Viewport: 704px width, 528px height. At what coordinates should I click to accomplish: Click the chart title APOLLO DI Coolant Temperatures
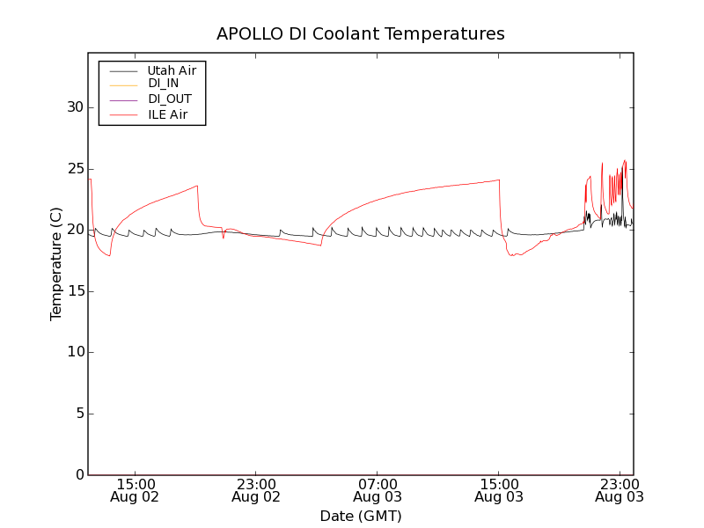[361, 34]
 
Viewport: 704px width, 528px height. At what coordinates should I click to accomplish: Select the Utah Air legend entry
[172, 70]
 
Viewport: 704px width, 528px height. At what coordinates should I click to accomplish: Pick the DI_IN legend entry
[164, 84]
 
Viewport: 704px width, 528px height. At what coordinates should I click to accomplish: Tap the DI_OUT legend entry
[170, 99]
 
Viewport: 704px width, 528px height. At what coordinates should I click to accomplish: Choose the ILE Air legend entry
[167, 114]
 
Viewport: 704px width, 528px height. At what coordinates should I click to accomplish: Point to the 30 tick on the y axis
[75, 107]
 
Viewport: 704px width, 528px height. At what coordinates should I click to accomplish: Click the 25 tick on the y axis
[75, 169]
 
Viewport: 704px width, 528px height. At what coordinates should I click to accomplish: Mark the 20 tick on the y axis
[75, 230]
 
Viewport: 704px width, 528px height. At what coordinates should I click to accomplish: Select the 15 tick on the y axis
[75, 291]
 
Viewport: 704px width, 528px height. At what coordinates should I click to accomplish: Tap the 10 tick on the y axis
[75, 352]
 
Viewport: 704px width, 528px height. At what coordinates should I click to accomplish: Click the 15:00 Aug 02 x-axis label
[135, 490]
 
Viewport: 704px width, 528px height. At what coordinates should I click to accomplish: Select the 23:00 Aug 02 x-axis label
[256, 490]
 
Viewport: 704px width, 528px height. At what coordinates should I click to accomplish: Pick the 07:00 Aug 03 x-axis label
[378, 490]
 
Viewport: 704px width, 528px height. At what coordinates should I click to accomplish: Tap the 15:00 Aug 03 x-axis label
[499, 490]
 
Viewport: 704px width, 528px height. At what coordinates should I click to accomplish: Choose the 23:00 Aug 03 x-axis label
[620, 490]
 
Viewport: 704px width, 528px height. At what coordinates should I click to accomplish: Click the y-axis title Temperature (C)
[56, 264]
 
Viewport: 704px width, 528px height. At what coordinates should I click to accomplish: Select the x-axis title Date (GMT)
[361, 516]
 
